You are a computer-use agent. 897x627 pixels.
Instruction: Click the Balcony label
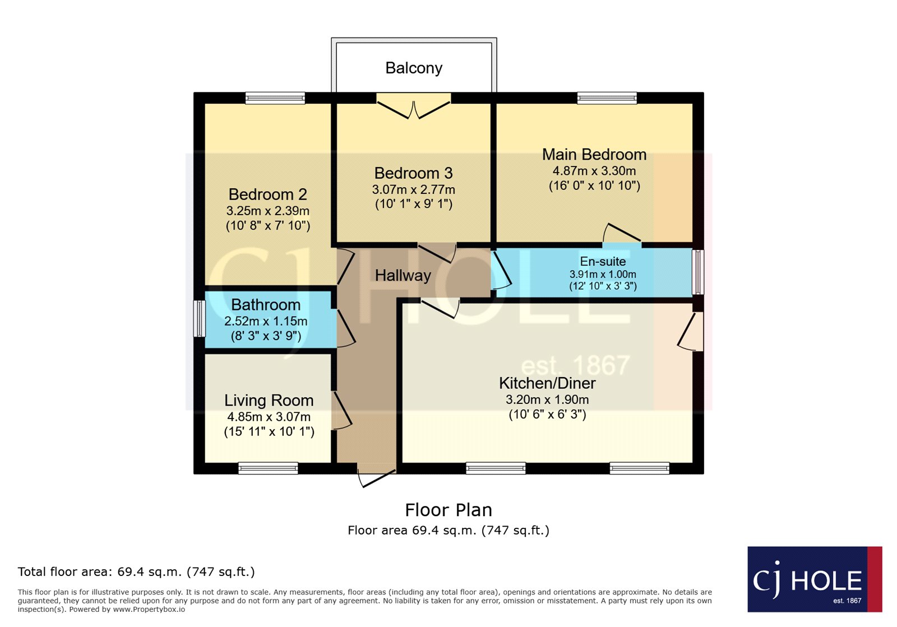tap(414, 68)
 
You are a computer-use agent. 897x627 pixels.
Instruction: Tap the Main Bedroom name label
tap(594, 155)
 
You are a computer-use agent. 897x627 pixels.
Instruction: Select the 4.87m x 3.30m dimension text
tap(594, 171)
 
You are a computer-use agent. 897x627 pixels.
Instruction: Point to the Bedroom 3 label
tap(413, 173)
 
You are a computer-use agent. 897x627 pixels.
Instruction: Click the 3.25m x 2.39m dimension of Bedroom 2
tap(267, 211)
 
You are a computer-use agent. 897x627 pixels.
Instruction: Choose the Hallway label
tap(403, 276)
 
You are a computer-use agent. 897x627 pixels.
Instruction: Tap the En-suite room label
tap(603, 261)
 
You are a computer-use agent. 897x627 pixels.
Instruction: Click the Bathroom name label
tap(266, 305)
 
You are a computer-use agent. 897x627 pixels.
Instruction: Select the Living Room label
tap(269, 401)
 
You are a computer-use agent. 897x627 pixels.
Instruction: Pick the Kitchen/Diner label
tap(547, 383)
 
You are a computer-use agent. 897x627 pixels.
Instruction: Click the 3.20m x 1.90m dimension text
tap(547, 400)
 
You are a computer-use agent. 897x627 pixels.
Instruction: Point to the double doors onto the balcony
tap(414, 106)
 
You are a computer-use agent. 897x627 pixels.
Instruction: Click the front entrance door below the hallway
tap(376, 478)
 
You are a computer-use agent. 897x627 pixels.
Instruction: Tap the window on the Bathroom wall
tap(200, 318)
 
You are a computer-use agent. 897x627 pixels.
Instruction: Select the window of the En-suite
tap(698, 272)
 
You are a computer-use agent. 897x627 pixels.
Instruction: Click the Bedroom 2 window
tap(275, 98)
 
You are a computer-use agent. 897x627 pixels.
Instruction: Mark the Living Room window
tap(268, 468)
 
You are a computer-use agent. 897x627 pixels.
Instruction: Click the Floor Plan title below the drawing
tap(448, 510)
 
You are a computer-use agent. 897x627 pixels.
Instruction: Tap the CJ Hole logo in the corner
tap(815, 579)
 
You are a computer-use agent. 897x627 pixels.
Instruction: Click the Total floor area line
tap(136, 572)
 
